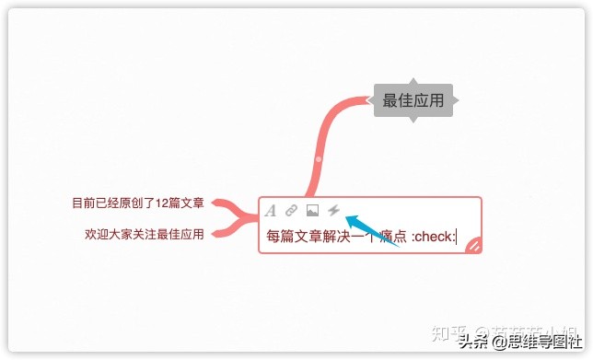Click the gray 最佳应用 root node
tap(413, 100)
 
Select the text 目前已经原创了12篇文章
tap(138, 203)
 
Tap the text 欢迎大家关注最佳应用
tap(144, 234)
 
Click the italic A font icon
tap(271, 211)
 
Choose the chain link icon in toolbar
tap(291, 211)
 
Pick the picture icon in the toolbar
tap(312, 211)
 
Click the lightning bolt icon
tap(333, 211)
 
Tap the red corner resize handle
tap(473, 244)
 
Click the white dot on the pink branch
tap(318, 159)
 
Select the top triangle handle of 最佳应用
tap(413, 81)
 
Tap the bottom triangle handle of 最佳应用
tap(413, 120)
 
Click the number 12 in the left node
tap(162, 203)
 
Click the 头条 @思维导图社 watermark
tap(514, 342)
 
